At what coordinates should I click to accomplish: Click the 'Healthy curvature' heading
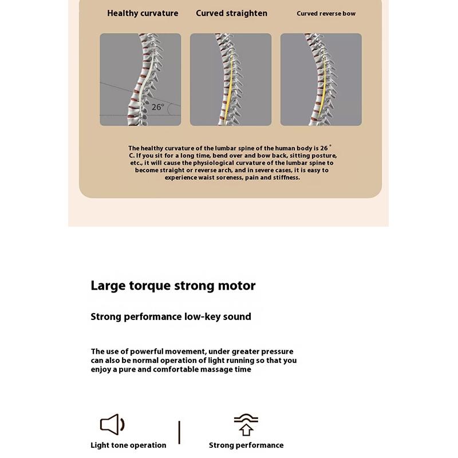[x=143, y=13]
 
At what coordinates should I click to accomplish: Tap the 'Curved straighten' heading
[x=231, y=13]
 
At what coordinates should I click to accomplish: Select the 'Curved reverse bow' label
[x=326, y=14]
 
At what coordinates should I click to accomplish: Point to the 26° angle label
[x=158, y=107]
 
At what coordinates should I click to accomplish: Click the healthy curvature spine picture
[x=140, y=79]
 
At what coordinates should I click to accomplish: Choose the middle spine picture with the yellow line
[x=231, y=79]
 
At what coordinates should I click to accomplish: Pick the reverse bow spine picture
[x=321, y=79]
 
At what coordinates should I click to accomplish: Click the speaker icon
[x=112, y=424]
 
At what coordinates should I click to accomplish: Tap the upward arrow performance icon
[x=246, y=425]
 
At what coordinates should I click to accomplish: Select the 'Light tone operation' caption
[x=128, y=445]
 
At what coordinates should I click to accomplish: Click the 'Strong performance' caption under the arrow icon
[x=246, y=445]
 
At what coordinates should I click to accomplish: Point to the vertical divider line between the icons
[x=179, y=432]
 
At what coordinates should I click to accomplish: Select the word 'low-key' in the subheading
[x=203, y=317]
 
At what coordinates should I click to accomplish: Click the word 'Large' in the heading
[x=109, y=286]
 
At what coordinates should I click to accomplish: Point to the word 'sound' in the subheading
[x=237, y=317]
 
